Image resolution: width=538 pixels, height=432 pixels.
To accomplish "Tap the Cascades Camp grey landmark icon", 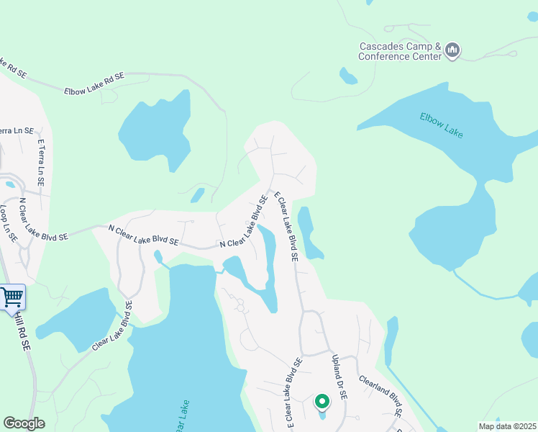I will tap(452, 50).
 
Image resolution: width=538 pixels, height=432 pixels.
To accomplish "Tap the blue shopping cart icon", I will tap(12, 297).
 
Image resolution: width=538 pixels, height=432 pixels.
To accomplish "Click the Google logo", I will tap(24, 423).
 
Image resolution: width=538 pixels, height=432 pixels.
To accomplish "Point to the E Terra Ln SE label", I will tap(42, 163).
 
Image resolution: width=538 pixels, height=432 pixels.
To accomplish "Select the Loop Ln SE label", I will tap(9, 223).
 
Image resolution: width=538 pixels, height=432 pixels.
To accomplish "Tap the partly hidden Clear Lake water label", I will tap(182, 415).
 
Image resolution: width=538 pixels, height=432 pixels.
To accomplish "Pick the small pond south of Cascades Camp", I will tap(348, 76).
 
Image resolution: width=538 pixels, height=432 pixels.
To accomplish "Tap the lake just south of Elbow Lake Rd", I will tap(157, 130).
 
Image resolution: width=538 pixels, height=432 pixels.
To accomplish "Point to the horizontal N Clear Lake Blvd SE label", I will tap(143, 235).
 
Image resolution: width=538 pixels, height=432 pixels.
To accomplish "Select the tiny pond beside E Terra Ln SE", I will tap(10, 184).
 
